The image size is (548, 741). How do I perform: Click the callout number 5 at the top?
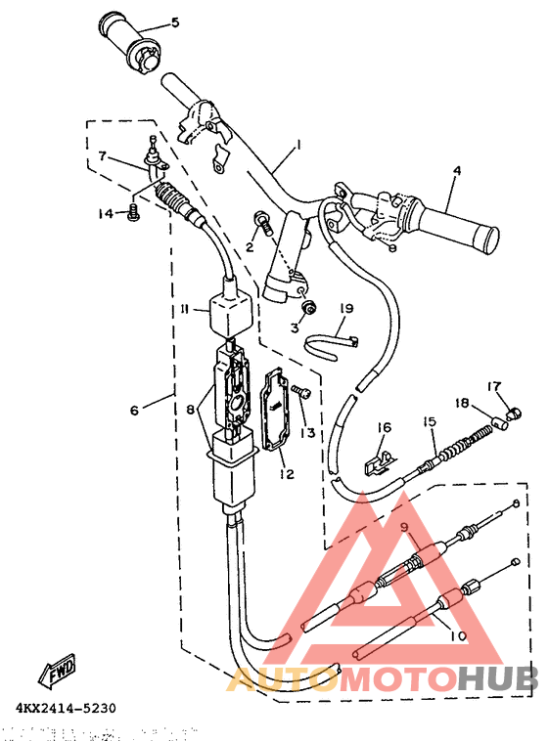pos(175,22)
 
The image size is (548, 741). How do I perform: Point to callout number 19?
pos(345,309)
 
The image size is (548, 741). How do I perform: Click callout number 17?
pos(494,386)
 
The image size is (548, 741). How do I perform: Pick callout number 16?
pos(385,427)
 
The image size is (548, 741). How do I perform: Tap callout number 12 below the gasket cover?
pos(287,474)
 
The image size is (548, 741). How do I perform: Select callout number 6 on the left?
pos(134,411)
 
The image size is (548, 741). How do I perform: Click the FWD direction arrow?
pos(59,670)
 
